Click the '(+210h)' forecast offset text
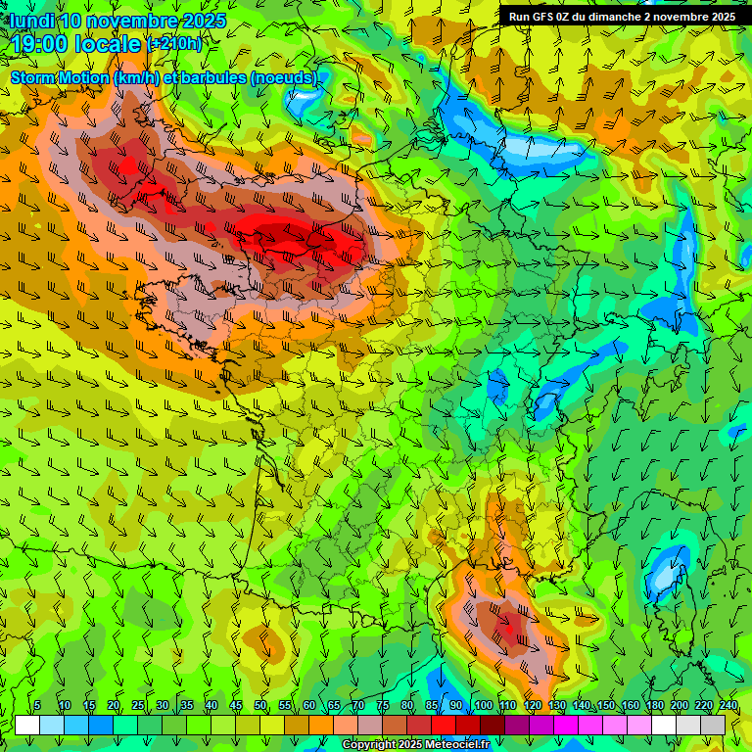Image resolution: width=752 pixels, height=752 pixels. click(174, 44)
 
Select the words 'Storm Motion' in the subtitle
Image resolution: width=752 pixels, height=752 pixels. click(59, 77)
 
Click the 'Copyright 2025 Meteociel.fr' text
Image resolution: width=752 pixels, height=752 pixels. click(414, 745)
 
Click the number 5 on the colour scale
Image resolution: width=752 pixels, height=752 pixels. click(37, 705)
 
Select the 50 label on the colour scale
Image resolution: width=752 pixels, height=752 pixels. click(260, 705)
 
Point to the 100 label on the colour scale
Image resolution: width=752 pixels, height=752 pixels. click(483, 705)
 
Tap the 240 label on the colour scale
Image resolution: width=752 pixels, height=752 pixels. click(728, 705)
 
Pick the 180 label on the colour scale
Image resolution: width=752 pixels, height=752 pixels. click(654, 705)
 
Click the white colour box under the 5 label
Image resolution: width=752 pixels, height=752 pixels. click(27, 725)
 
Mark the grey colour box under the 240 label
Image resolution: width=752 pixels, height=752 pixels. click(713, 725)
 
